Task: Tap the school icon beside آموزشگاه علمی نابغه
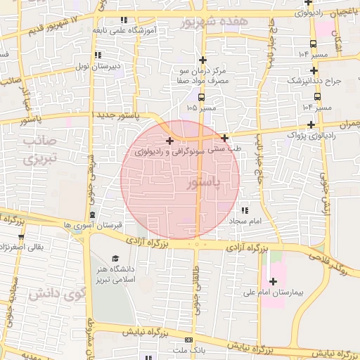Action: [x=124, y=20]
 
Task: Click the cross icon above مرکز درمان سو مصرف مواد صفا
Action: [x=203, y=60]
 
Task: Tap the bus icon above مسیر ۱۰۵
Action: [x=201, y=98]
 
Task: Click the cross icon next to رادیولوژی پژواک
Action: [x=311, y=124]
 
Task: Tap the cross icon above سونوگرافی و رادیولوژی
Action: [x=169, y=141]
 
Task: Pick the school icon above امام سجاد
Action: [x=245, y=210]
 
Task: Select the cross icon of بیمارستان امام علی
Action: [x=273, y=281]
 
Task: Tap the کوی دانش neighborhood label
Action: [x=53, y=293]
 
